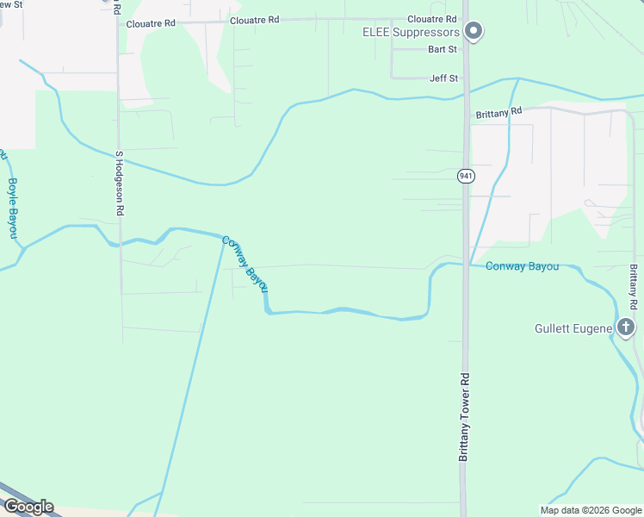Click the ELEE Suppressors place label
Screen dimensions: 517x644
pyautogui.click(x=410, y=33)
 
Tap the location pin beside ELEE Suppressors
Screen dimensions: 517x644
pyautogui.click(x=473, y=32)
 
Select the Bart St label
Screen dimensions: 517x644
pyautogui.click(x=442, y=50)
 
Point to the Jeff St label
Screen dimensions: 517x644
pyautogui.click(x=443, y=78)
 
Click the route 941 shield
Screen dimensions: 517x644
pyautogui.click(x=466, y=176)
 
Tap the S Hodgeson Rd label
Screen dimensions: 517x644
pyautogui.click(x=120, y=184)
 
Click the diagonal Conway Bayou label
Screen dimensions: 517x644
pyautogui.click(x=245, y=264)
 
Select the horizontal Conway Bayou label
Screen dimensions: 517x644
pyautogui.click(x=522, y=266)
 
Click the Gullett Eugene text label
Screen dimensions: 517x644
pyautogui.click(x=573, y=328)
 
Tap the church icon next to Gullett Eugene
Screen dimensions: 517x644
pyautogui.click(x=626, y=327)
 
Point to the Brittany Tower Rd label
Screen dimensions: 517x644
pyautogui.click(x=463, y=416)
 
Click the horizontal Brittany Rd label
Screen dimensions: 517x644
pyautogui.click(x=498, y=113)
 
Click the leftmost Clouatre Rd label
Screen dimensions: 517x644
pyautogui.click(x=150, y=24)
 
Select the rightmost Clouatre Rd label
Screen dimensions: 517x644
pyautogui.click(x=431, y=19)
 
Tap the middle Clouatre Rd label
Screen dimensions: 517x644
pyautogui.click(x=256, y=19)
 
